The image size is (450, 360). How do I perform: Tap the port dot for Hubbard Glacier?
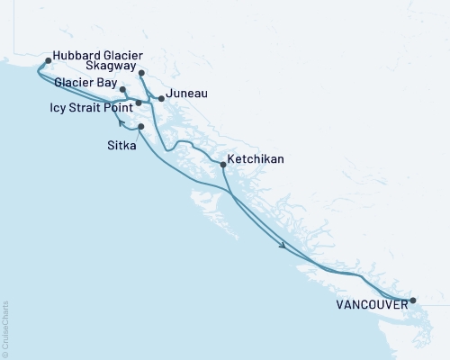pos(48,61)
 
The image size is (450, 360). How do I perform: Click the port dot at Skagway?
pos(142,74)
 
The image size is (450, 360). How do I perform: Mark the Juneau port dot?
pos(161,98)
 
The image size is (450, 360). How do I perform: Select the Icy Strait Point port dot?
pos(139,103)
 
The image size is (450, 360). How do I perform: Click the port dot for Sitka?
pos(141,127)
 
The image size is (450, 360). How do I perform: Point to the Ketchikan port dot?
pos(222,165)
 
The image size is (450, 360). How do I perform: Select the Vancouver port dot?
pos(413,301)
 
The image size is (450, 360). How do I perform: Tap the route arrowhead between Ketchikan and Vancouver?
pos(283,245)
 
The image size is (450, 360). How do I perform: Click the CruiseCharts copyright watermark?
pos(5,328)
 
